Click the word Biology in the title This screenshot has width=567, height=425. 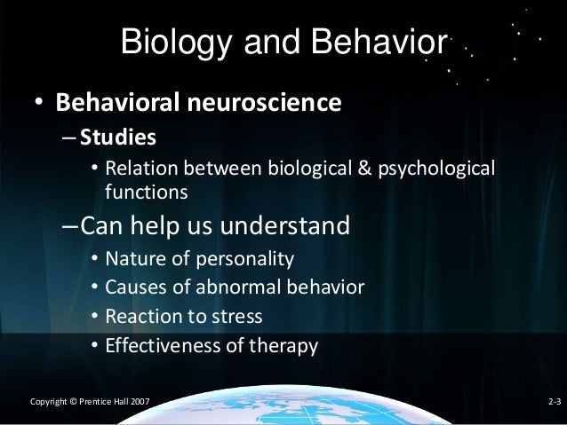pyautogui.click(x=168, y=42)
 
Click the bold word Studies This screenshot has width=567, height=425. pyautogui.click(x=117, y=138)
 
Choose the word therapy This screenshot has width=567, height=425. pyautogui.click(x=283, y=346)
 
